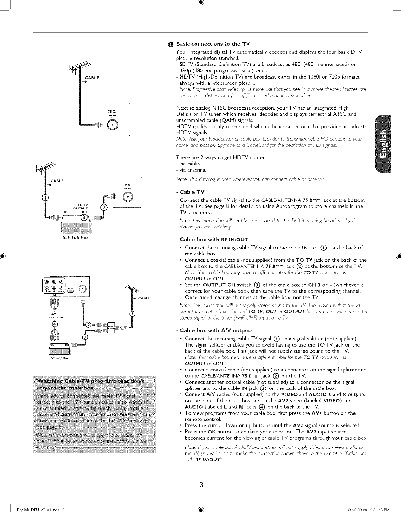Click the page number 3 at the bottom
(201, 484)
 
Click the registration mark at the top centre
(200, 3)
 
